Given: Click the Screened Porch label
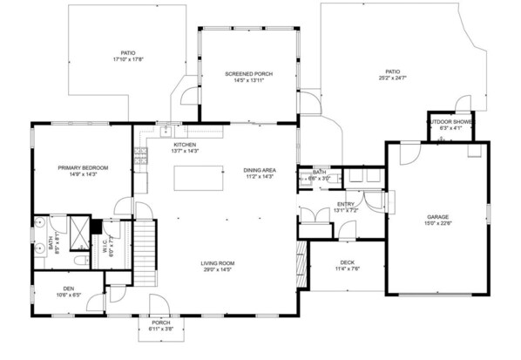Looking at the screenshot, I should pyautogui.click(x=248, y=74).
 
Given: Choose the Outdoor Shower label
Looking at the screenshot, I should pyautogui.click(x=450, y=122).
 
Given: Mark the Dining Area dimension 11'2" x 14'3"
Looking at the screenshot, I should pyautogui.click(x=259, y=177).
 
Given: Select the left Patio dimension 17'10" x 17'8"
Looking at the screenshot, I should pyautogui.click(x=127, y=60).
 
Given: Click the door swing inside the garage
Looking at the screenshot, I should pyautogui.click(x=405, y=155).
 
